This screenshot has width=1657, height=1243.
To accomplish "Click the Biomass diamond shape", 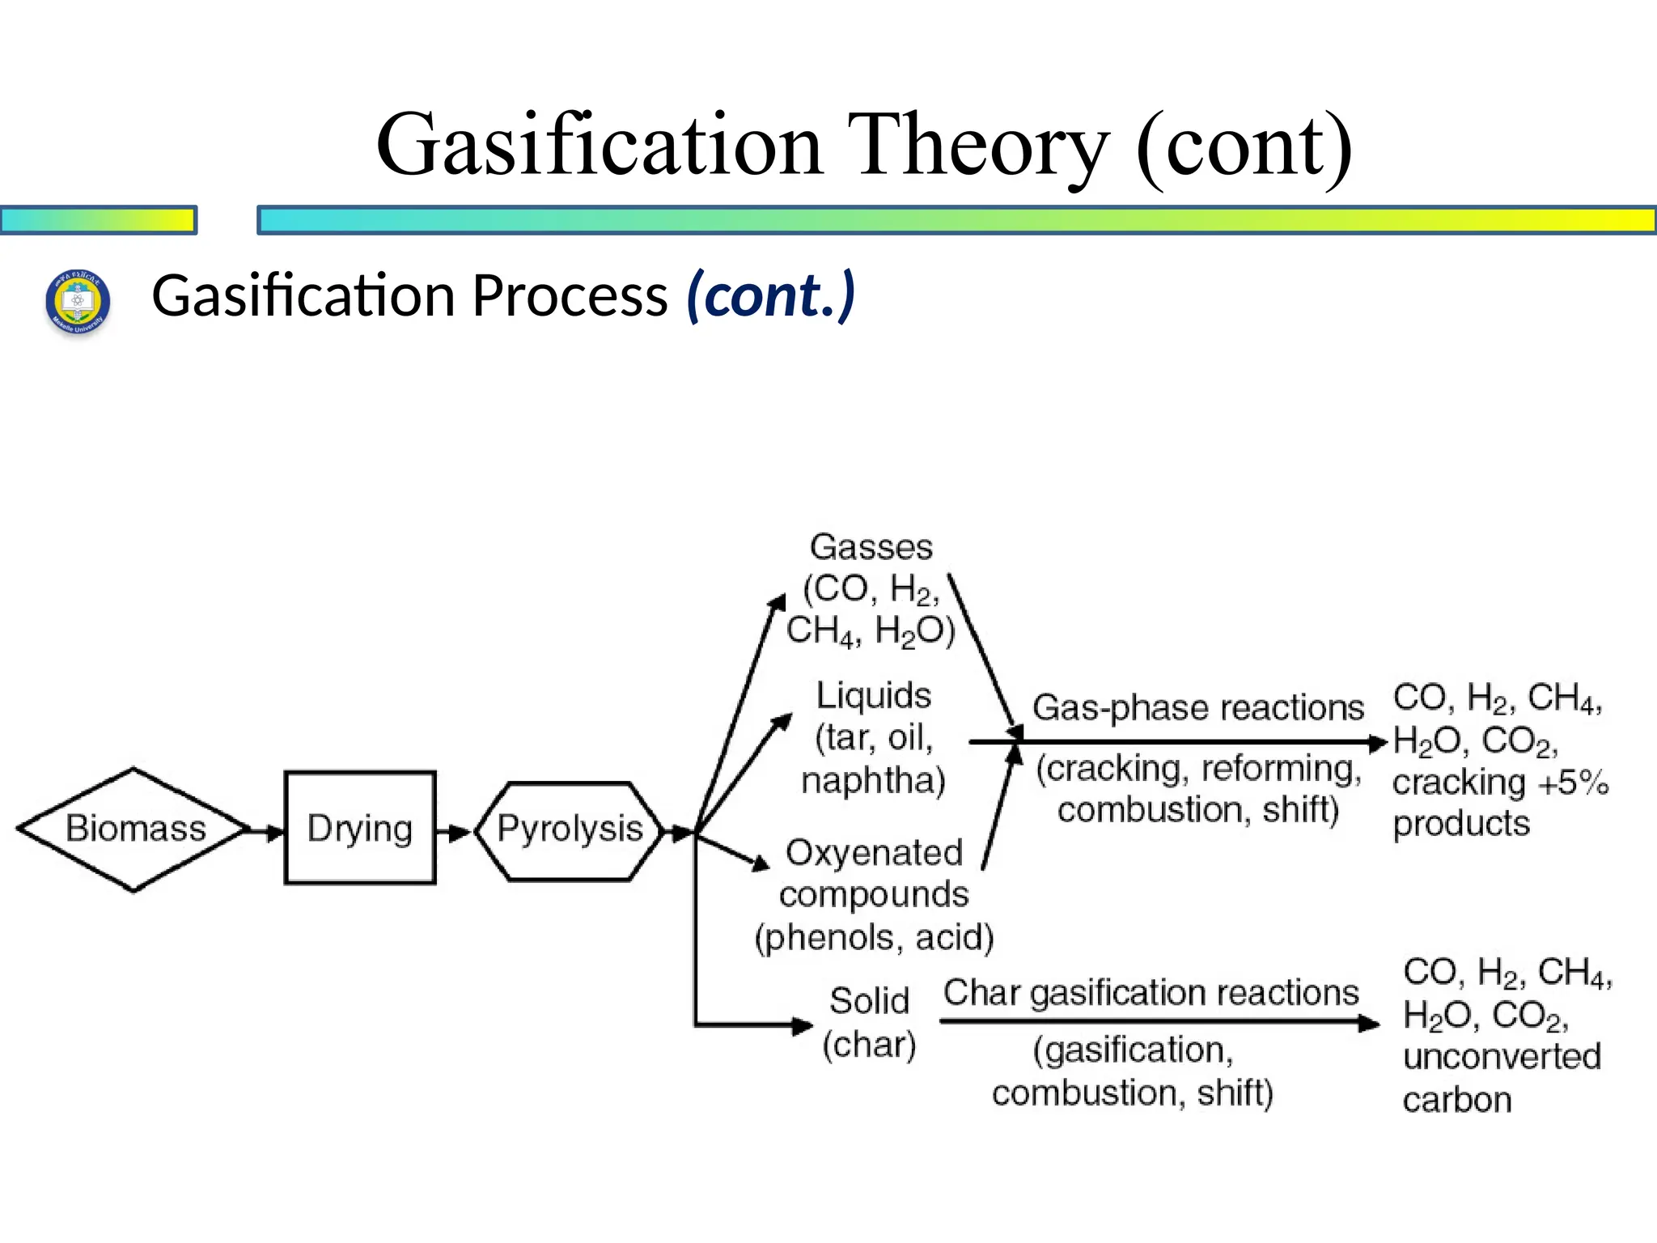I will pyautogui.click(x=133, y=829).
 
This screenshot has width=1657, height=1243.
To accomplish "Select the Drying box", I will pyautogui.click(x=360, y=828).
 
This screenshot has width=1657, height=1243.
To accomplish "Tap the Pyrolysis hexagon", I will pyautogui.click(x=570, y=829).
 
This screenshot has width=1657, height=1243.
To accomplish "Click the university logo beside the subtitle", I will pyautogui.click(x=77, y=302).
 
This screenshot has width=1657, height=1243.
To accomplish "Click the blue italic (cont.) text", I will pyautogui.click(x=770, y=295).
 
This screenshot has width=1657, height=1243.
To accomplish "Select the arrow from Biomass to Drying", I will pyautogui.click(x=265, y=831).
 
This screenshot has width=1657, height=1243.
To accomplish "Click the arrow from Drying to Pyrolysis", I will pyautogui.click(x=455, y=832).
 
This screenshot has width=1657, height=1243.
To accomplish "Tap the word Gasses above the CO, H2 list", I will pyautogui.click(x=871, y=548).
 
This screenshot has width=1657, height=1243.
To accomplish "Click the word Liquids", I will pyautogui.click(x=873, y=696).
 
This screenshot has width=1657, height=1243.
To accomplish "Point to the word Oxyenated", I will pyautogui.click(x=874, y=853).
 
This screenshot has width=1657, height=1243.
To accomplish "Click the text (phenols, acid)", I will pyautogui.click(x=874, y=937).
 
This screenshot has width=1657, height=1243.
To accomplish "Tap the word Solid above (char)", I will pyautogui.click(x=869, y=1001).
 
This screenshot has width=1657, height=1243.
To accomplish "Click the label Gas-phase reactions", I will pyautogui.click(x=1197, y=708).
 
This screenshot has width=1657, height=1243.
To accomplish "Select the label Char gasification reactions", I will pyautogui.click(x=1151, y=993).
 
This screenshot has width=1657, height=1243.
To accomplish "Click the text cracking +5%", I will pyautogui.click(x=1499, y=783).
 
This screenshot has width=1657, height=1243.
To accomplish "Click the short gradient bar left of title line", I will pyautogui.click(x=98, y=220).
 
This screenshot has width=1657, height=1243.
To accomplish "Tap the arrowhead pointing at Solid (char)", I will pyautogui.click(x=801, y=1026).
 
